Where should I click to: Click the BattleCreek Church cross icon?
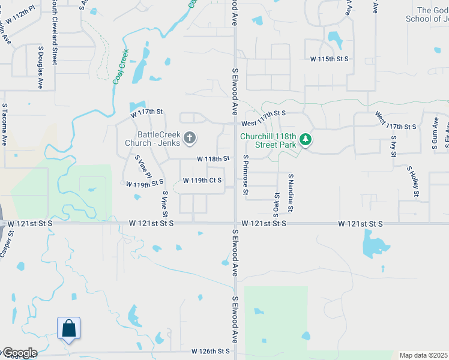click(190, 139)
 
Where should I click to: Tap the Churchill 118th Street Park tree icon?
click(306, 140)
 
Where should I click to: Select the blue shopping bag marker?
click(69, 329)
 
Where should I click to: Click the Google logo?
click(19, 353)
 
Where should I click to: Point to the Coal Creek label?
click(120, 67)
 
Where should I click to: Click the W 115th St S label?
click(329, 59)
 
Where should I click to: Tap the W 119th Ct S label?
click(202, 181)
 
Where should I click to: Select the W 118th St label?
click(214, 159)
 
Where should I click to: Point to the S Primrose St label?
click(246, 175)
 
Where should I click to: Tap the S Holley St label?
click(412, 181)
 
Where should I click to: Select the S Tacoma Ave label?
click(4, 125)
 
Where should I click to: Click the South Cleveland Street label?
click(54, 33)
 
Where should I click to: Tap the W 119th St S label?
click(145, 183)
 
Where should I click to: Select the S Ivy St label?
click(394, 146)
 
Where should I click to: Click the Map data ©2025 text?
click(423, 355)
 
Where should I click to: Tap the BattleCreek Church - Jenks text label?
click(152, 139)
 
